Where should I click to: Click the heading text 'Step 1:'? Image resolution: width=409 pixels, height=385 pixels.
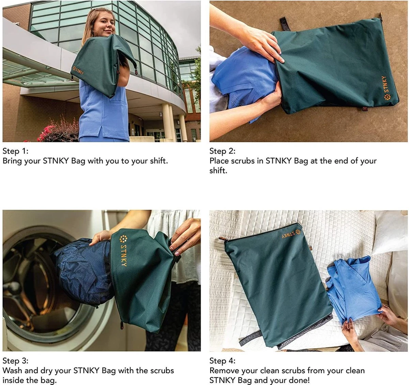[15, 151]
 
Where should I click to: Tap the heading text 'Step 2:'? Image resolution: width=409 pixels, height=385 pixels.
[222, 151]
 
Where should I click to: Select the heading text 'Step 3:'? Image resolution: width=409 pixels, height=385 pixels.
[15, 360]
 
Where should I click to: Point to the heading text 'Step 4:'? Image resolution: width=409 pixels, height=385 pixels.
[222, 360]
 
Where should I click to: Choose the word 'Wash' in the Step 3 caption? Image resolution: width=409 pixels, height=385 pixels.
[12, 370]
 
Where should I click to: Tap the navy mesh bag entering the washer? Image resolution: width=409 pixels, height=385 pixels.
[82, 269]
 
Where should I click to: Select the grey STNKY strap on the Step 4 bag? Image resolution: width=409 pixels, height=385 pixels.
[251, 339]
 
